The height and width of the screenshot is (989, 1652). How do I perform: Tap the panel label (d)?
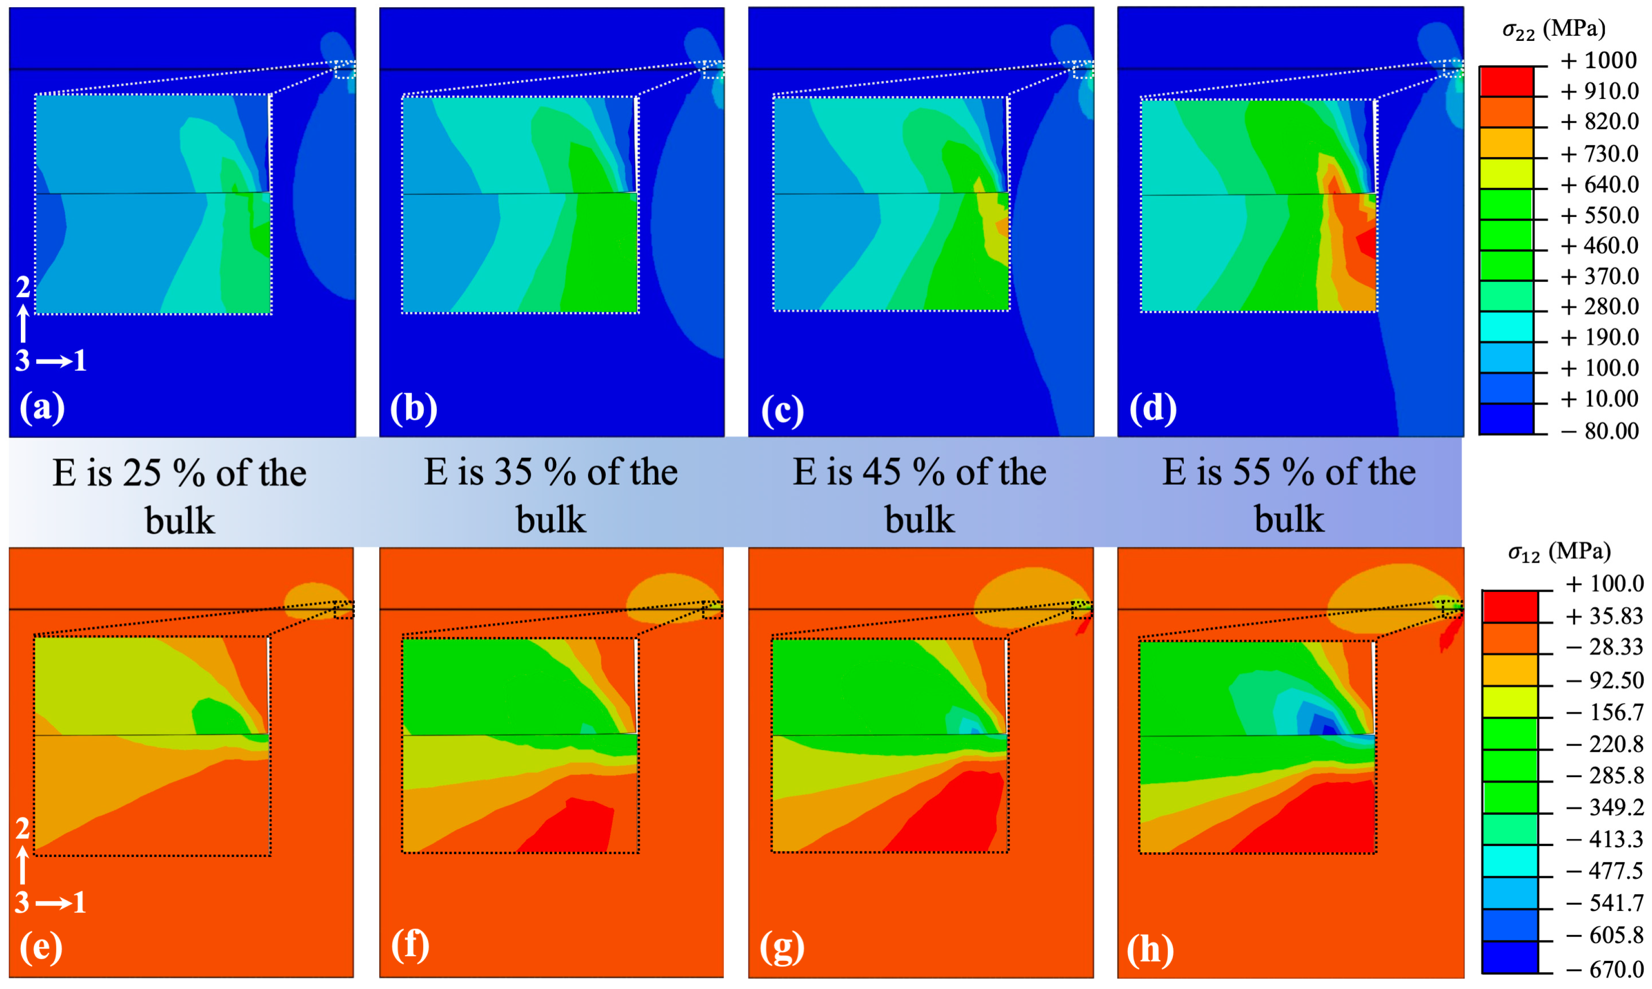[1152, 408]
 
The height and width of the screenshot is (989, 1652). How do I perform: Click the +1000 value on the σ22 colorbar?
[1599, 61]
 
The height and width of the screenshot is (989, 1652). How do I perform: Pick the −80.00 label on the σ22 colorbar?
[1599, 431]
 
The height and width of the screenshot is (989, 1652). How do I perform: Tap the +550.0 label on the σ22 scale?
[1599, 215]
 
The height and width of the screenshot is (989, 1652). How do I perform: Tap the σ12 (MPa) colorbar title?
[1558, 552]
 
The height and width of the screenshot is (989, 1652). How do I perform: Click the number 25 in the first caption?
[142, 473]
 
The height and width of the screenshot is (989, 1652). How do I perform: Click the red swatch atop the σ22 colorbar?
[1506, 81]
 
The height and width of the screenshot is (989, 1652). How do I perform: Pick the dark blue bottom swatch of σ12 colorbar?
[1509, 957]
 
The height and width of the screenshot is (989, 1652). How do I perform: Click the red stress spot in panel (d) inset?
[1365, 243]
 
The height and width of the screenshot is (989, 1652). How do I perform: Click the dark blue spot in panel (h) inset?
[1327, 728]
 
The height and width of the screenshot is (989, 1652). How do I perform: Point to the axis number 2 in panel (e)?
[23, 828]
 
